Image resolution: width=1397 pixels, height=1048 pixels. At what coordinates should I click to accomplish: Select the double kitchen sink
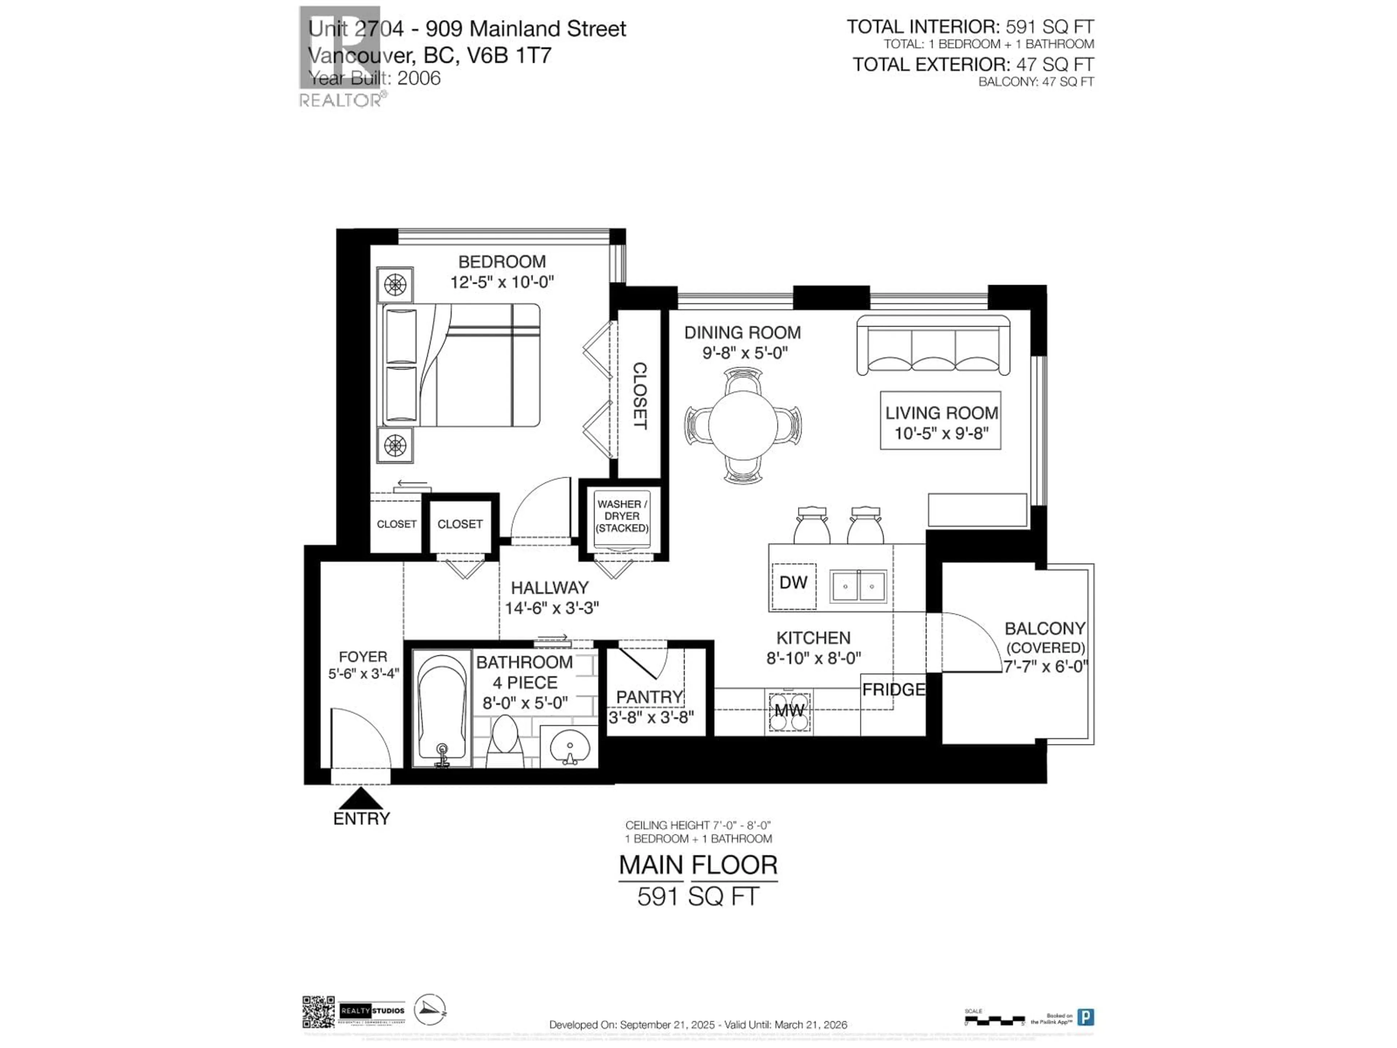coord(857,586)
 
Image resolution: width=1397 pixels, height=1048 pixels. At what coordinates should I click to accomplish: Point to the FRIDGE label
coord(893,690)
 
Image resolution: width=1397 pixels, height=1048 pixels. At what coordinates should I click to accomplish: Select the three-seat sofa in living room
coord(933,346)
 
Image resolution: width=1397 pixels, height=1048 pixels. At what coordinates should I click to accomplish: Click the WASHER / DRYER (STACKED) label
coord(622,516)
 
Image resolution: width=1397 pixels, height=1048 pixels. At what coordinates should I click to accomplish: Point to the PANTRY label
coord(649,697)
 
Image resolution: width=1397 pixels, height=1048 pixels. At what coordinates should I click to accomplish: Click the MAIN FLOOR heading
coord(697,865)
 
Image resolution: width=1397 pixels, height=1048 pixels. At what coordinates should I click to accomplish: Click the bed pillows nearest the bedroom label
coord(401,336)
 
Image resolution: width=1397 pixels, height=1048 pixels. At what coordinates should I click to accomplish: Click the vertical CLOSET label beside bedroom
coord(639,396)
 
